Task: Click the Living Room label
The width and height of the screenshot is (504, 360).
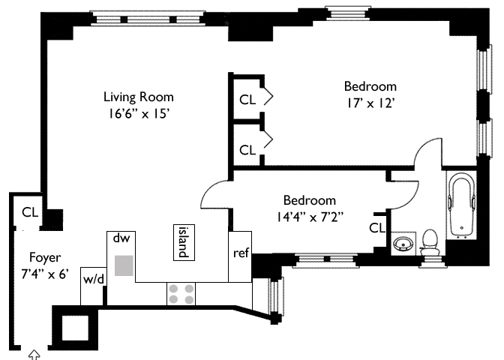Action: point(139,97)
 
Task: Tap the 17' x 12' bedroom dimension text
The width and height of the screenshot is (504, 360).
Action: point(370,103)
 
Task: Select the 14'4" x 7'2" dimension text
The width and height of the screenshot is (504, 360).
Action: point(310,217)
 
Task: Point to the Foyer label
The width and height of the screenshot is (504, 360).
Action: point(45,257)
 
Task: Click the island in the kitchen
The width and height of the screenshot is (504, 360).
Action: point(184,242)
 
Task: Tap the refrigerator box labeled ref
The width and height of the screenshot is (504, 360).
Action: point(240,256)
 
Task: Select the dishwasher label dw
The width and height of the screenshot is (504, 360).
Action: point(121,238)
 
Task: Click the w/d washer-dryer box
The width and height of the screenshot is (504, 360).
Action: point(93,286)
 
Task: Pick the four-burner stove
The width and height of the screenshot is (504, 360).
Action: point(181,294)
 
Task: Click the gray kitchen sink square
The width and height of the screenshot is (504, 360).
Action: point(124,265)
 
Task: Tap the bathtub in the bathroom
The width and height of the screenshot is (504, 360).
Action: point(461,205)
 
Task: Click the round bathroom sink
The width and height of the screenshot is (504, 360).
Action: point(402,244)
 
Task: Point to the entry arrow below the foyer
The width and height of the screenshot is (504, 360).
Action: point(34,355)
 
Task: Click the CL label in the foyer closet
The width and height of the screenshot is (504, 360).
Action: point(30,212)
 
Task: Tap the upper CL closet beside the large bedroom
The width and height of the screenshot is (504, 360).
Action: point(247,100)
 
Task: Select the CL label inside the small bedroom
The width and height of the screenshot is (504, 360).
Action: point(376,228)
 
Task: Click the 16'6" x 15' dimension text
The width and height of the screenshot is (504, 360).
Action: point(139,114)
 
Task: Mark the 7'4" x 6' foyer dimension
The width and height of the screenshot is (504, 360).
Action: point(45,274)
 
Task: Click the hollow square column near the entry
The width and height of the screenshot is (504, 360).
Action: point(75,328)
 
